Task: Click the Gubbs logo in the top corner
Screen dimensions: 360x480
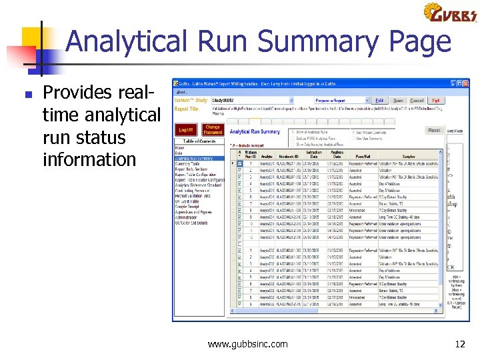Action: [x=450, y=13]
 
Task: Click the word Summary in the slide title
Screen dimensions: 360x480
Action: [x=313, y=41]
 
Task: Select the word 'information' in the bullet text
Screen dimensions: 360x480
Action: [x=89, y=159]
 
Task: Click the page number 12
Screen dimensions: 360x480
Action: [x=459, y=344]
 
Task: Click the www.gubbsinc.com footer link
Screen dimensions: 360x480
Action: [x=247, y=344]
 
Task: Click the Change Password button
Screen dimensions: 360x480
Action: [x=213, y=129]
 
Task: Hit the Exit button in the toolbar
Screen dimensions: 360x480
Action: [x=435, y=100]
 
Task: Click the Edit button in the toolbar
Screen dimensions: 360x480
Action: [x=379, y=100]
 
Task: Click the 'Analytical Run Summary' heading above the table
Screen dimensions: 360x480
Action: [x=255, y=132]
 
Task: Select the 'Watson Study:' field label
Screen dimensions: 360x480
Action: [x=191, y=100]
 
